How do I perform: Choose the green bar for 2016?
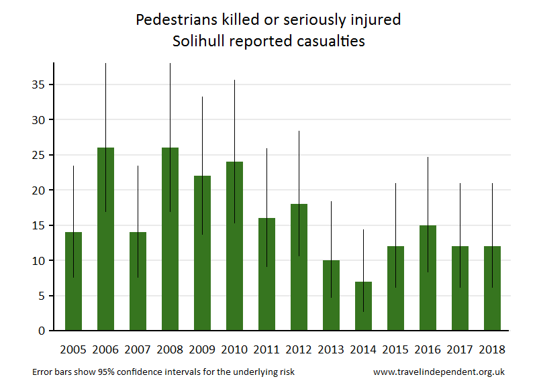(428, 278)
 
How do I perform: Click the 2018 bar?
(492, 288)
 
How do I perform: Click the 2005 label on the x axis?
(72, 349)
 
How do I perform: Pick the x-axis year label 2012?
(298, 349)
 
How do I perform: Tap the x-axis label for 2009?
(201, 349)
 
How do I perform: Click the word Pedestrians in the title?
(174, 20)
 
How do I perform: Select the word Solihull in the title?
(198, 42)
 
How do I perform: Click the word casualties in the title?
(330, 42)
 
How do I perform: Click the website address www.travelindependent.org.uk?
(438, 372)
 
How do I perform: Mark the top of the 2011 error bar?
(266, 149)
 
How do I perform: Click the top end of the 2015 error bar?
(395, 183)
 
